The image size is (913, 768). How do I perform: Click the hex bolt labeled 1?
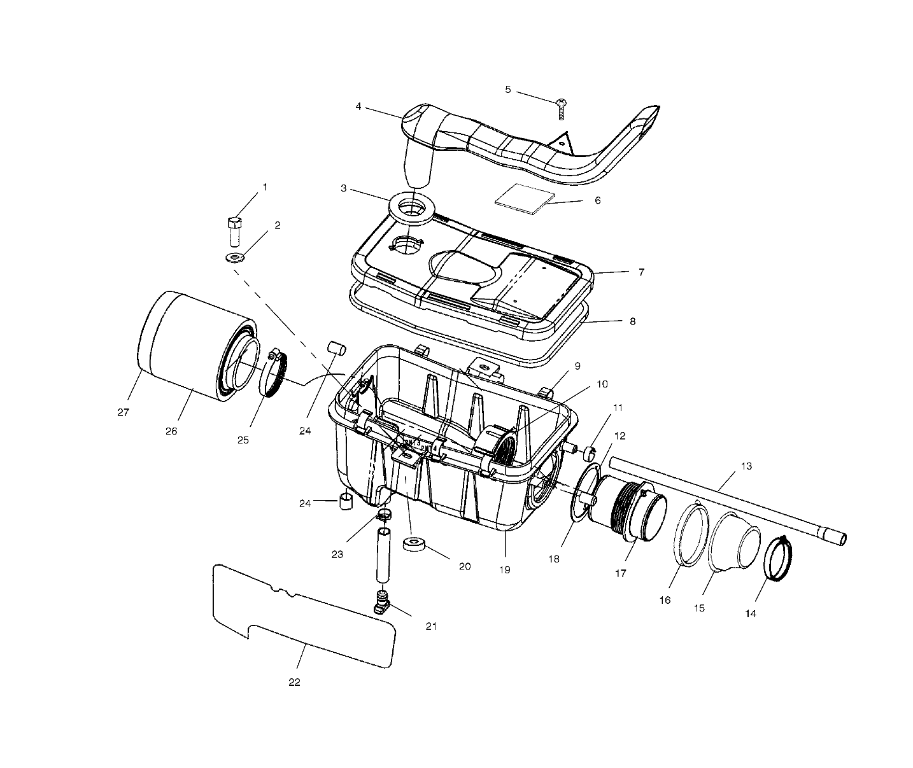pos(234,232)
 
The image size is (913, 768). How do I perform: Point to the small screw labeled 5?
pos(562,108)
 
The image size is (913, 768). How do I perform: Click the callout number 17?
pos(620,573)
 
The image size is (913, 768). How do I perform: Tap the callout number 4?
pos(358,107)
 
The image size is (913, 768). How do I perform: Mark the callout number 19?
pos(504,570)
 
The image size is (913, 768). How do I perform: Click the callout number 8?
pos(632,321)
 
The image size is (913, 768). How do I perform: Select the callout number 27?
pos(123,412)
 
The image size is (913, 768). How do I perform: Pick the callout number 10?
pos(602,384)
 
